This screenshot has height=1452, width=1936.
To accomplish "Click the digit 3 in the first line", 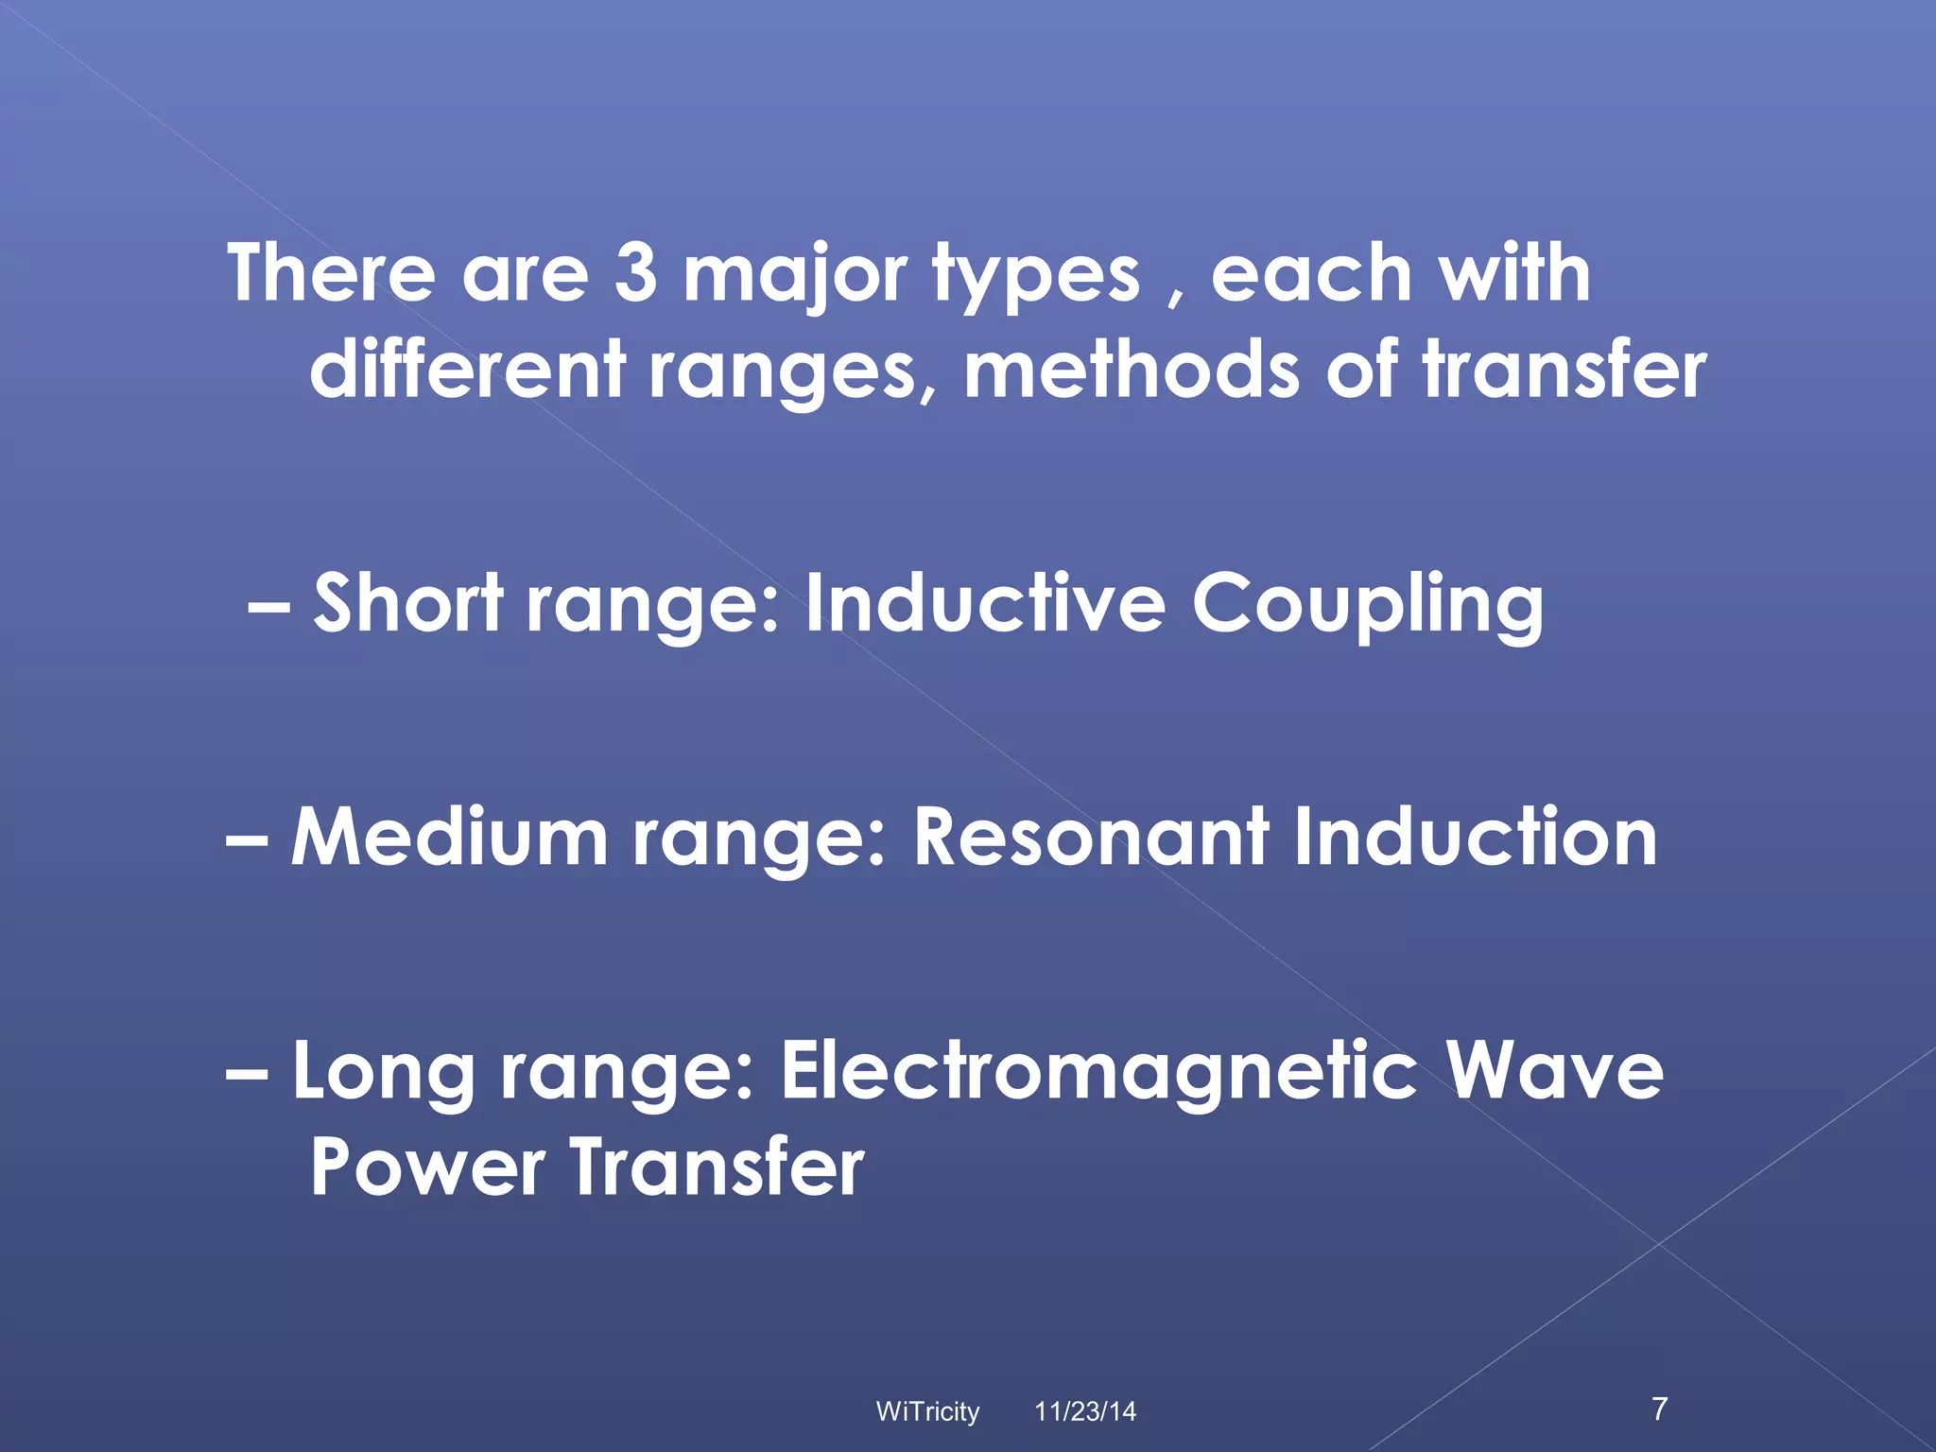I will coord(635,273).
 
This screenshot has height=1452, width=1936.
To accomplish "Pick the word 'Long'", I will coord(383,1073).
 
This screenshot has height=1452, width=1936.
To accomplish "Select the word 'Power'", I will coord(426,1167).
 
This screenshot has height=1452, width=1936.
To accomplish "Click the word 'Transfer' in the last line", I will coord(717,1167).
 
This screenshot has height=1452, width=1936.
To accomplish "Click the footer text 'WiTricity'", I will coord(927,1411).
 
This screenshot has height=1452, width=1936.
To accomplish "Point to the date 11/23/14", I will coord(1085,1411).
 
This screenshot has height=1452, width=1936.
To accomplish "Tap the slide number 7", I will coord(1660,1409).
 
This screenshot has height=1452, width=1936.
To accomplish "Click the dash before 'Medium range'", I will coord(248,838).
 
